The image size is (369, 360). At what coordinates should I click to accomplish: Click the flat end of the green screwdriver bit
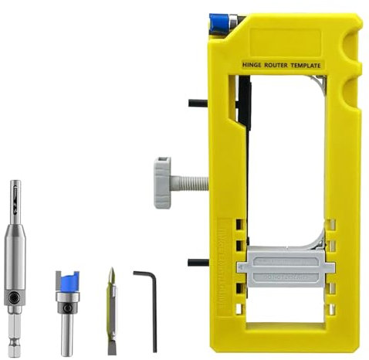click(x=112, y=347)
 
